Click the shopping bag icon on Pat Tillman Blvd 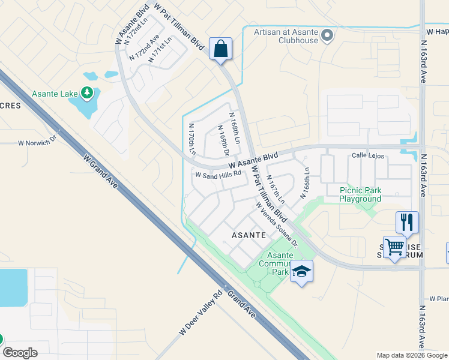coord(221,49)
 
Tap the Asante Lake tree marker coord(88,92)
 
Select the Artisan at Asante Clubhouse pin coord(327,36)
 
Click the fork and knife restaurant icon coord(407,222)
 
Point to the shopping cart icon coord(394,247)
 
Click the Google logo coord(20,353)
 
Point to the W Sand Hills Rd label coord(218,175)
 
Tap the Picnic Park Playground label coord(360,194)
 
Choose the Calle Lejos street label coord(367,154)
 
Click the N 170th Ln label coord(193,140)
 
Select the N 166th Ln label coord(306,179)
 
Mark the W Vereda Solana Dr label coord(277,224)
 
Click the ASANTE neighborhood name coord(246,235)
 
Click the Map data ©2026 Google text coord(411,355)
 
